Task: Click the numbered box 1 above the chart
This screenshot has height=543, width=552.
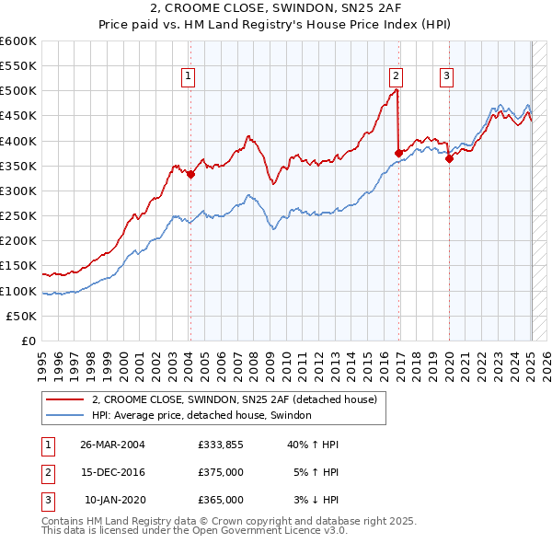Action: click(189, 77)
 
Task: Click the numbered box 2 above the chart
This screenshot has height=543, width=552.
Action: click(396, 77)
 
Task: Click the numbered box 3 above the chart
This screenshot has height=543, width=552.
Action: click(446, 77)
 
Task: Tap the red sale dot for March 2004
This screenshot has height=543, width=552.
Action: click(190, 174)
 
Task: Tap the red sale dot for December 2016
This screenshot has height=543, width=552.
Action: click(398, 153)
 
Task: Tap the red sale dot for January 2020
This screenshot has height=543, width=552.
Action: click(449, 158)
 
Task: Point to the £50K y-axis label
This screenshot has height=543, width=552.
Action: click(21, 316)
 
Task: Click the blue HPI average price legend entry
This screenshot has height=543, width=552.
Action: click(201, 416)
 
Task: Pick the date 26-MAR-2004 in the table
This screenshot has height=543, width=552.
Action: click(112, 444)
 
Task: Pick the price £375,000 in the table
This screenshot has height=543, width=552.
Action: click(220, 472)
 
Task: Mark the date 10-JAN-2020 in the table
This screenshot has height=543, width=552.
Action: click(113, 500)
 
